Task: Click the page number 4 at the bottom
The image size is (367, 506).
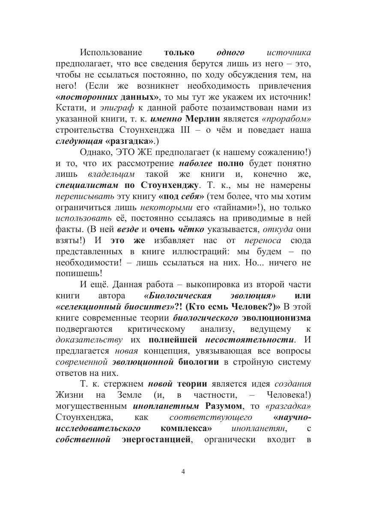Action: pos(183,471)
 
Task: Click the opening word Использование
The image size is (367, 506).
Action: pos(111,53)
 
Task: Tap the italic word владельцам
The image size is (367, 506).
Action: pos(111,174)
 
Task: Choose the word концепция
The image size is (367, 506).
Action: pos(165,351)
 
